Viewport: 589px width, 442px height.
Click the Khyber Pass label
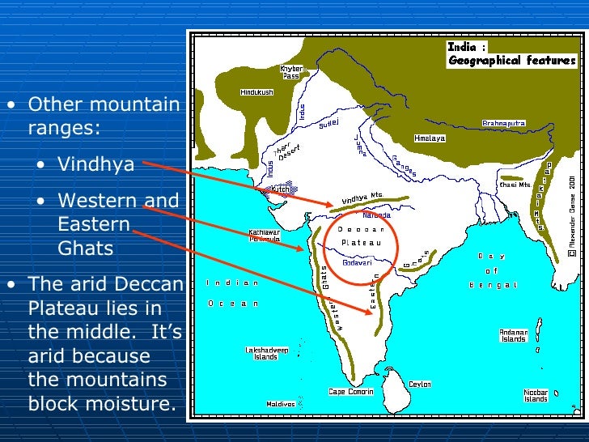(291, 72)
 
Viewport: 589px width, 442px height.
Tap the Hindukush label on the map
(256, 92)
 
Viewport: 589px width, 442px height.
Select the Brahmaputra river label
(504, 123)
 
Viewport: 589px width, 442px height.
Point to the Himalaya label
(430, 138)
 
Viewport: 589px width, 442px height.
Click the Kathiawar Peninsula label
(264, 236)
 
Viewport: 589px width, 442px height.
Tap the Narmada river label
(376, 215)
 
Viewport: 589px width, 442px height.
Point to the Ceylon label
(420, 385)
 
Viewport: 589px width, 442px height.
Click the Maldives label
(280, 404)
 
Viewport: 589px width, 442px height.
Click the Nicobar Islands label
(536, 396)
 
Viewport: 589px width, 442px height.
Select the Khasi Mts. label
(515, 185)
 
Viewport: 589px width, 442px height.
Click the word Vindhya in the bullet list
(95, 165)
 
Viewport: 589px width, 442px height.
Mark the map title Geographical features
(512, 60)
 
